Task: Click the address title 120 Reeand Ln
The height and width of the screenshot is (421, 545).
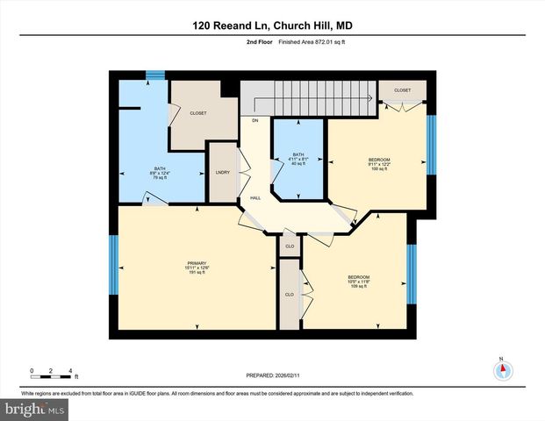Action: [272, 25]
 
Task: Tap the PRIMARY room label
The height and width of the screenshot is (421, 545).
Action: [196, 267]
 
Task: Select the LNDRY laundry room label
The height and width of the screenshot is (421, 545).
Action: [223, 172]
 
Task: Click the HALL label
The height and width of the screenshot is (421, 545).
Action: [255, 198]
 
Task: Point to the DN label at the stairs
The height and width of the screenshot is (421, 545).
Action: [255, 120]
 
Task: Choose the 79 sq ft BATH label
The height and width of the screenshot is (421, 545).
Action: [160, 173]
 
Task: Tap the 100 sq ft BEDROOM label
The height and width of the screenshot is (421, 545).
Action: [379, 163]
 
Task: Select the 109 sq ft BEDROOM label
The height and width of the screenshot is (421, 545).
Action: [358, 282]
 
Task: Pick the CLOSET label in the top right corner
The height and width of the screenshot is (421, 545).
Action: [402, 90]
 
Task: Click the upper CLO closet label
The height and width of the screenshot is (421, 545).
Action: [290, 246]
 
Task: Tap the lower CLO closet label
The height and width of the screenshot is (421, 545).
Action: [289, 295]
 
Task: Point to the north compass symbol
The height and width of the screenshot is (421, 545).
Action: [502, 369]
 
